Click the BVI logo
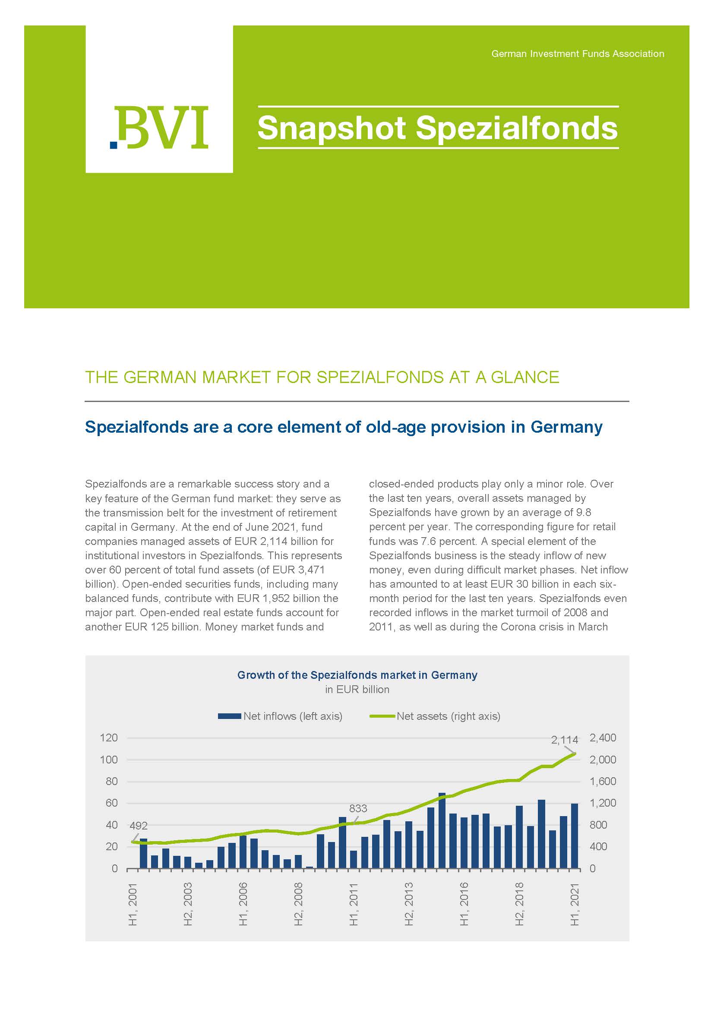click(159, 127)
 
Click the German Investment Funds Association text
click(577, 54)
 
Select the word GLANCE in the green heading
click(525, 377)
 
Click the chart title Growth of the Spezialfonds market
click(357, 675)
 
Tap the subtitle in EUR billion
click(357, 689)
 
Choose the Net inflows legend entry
click(280, 716)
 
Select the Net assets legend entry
click(435, 716)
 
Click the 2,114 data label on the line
click(564, 740)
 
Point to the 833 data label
click(358, 808)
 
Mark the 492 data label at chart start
click(138, 826)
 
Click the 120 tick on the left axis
click(109, 738)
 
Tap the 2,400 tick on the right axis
click(602, 738)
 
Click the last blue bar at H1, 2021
click(574, 836)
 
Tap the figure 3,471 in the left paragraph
click(310, 570)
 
